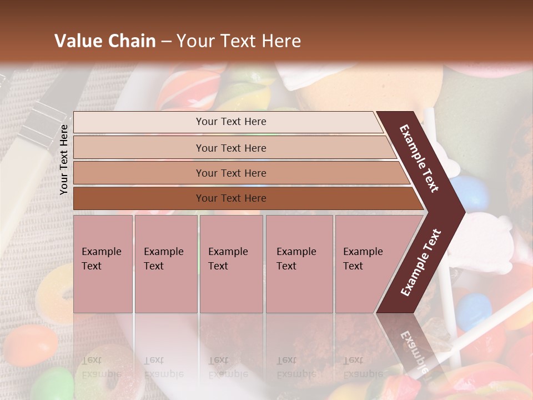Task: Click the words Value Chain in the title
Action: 105,41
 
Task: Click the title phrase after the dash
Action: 239,41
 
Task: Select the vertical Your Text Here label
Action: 64,160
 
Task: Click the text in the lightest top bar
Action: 231,122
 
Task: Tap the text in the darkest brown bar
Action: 231,198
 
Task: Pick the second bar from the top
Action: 231,148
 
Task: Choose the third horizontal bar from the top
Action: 231,173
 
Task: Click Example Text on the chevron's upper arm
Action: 420,158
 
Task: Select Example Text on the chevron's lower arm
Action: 421,263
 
